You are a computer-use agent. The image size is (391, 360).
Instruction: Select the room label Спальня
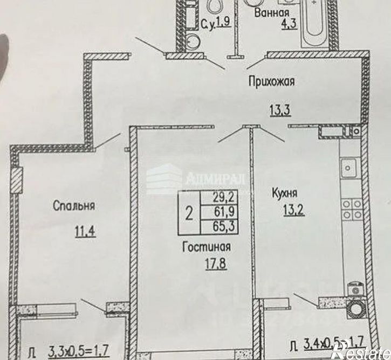click(74, 205)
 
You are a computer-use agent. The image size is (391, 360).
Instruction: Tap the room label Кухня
click(285, 191)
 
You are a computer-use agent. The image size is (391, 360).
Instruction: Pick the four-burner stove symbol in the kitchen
click(352, 209)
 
